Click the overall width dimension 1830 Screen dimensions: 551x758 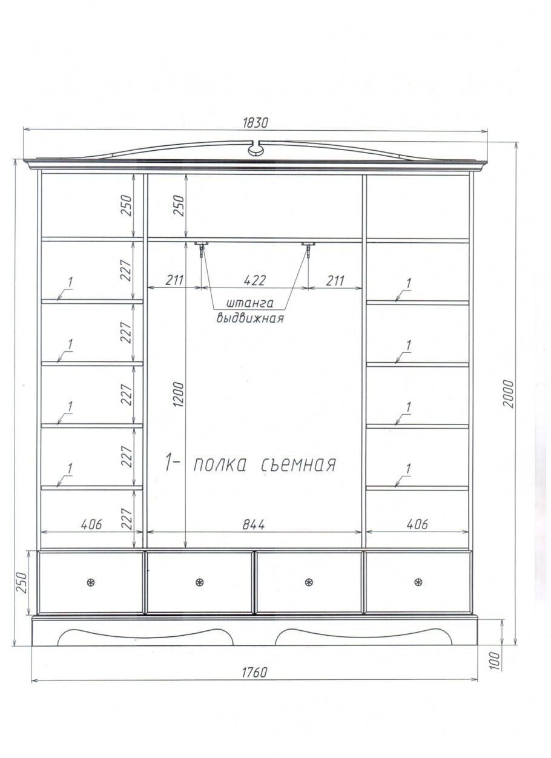pyautogui.click(x=256, y=123)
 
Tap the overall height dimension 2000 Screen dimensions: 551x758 pyautogui.click(x=509, y=394)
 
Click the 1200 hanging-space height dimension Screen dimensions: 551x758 pyautogui.click(x=179, y=394)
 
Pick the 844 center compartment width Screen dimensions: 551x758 pyautogui.click(x=254, y=525)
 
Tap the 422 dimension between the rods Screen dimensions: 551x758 pyautogui.click(x=254, y=280)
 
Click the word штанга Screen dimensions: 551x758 pyautogui.click(x=249, y=303)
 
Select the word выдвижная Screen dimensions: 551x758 pyautogui.click(x=250, y=318)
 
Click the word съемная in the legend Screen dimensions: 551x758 pyautogui.click(x=299, y=465)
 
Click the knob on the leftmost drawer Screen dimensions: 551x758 pyautogui.click(x=91, y=582)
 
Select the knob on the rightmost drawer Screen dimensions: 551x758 pyautogui.click(x=418, y=582)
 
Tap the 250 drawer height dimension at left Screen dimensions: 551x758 pyautogui.click(x=21, y=582)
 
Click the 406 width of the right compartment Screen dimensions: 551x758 pyautogui.click(x=418, y=524)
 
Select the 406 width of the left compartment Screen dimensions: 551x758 pyautogui.click(x=91, y=524)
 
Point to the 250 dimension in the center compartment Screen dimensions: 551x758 pyautogui.click(x=179, y=205)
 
